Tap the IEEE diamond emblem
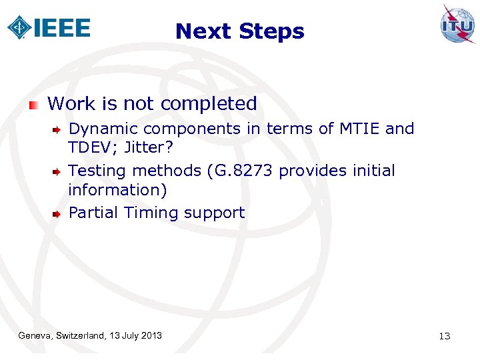pyautogui.click(x=19, y=27)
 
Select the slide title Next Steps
pyautogui.click(x=239, y=31)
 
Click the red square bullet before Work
pyautogui.click(x=34, y=105)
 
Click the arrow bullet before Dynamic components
pyautogui.click(x=57, y=129)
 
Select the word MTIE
pyautogui.click(x=357, y=128)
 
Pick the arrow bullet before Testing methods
pyautogui.click(x=57, y=171)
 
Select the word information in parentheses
pyautogui.click(x=117, y=190)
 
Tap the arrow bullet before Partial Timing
pyautogui.click(x=57, y=213)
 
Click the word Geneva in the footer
pyautogui.click(x=37, y=335)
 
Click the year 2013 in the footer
pyautogui.click(x=151, y=335)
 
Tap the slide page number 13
pyautogui.click(x=445, y=336)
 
